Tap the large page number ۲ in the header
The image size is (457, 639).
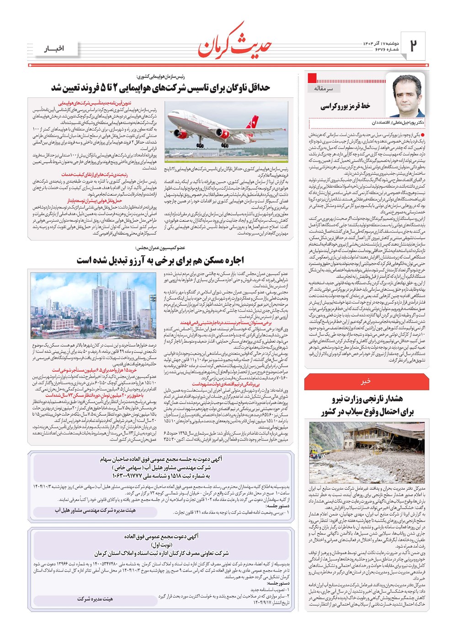(413, 45)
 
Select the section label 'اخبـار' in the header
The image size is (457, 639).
(54, 48)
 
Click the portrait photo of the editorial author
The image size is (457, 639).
(405, 97)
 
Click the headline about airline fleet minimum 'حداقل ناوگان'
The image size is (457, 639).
(160, 87)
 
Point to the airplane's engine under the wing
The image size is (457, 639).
(223, 135)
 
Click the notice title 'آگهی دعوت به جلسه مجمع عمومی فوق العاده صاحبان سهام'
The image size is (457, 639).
(161, 459)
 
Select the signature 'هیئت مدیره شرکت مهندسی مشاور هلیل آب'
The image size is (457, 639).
(95, 511)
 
